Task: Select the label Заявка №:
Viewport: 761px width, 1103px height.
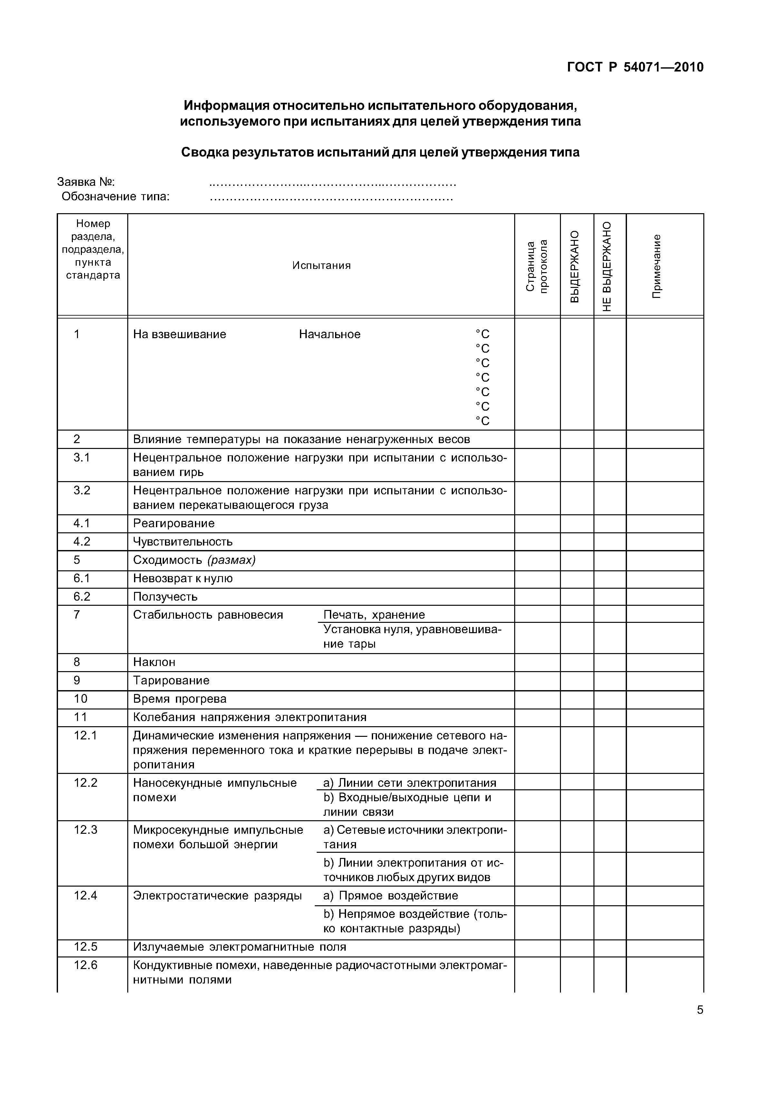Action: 86,182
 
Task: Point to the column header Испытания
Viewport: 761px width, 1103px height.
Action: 321,265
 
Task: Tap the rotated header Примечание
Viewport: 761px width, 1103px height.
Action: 657,266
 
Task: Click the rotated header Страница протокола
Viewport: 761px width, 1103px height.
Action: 536,266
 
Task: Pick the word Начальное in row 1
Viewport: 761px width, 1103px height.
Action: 330,334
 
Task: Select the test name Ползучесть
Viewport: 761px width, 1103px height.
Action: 165,597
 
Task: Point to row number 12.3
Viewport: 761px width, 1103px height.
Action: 85,830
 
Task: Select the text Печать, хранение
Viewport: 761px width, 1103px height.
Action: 374,615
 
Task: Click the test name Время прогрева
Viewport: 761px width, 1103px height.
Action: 180,699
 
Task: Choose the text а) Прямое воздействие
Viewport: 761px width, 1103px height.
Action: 390,896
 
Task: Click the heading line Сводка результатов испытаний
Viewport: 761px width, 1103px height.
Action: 380,153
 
